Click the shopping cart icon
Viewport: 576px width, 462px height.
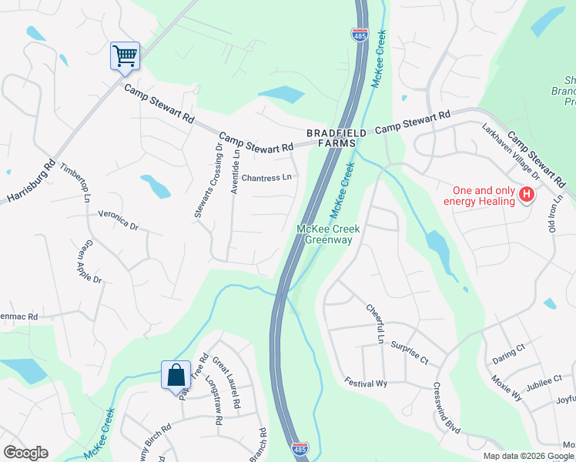(125, 55)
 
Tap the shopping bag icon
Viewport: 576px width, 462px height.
(176, 375)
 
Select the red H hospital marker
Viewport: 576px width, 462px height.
(527, 196)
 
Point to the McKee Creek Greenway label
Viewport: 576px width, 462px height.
(325, 235)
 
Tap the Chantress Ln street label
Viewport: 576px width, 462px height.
(266, 178)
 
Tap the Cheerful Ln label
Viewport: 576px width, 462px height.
(373, 324)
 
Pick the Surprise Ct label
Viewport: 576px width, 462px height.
(409, 353)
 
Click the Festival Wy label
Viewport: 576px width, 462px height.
(365, 383)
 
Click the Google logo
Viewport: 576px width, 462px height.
(25, 453)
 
